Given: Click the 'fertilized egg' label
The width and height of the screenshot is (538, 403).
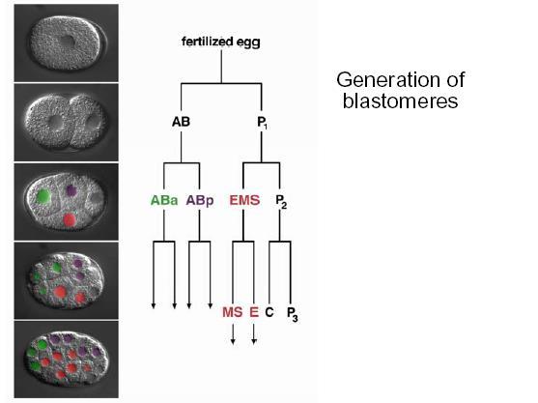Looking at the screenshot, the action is click(221, 42).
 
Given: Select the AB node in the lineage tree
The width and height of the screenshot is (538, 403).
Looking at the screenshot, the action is click(181, 122).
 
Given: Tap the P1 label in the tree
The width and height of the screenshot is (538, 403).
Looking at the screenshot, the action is click(263, 123).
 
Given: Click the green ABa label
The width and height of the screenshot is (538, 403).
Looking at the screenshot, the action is click(164, 200).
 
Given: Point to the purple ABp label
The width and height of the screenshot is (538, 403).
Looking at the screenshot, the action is click(200, 200).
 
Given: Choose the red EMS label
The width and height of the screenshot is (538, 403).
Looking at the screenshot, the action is click(244, 200).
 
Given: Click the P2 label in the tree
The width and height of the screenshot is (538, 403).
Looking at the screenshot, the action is click(281, 201).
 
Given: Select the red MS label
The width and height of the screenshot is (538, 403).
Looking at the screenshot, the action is click(232, 312).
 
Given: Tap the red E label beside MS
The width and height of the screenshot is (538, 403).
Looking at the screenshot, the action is click(254, 312).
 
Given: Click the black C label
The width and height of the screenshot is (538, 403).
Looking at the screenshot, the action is click(269, 312).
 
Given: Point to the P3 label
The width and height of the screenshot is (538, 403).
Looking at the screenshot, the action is click(292, 314).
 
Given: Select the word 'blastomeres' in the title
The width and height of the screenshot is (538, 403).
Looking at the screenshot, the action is click(400, 101).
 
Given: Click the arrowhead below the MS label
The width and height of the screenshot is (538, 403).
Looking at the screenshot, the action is click(233, 341).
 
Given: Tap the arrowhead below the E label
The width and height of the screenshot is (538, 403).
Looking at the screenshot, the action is click(254, 341).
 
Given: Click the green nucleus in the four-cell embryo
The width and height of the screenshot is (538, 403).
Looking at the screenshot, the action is click(43, 196).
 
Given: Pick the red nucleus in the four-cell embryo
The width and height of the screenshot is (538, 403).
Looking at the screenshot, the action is click(70, 219).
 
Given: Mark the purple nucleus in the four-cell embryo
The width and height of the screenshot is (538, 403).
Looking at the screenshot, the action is click(71, 190).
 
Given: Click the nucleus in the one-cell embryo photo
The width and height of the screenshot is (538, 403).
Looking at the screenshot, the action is click(67, 42).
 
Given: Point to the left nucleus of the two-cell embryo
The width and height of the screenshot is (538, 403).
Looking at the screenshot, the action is click(55, 122).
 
